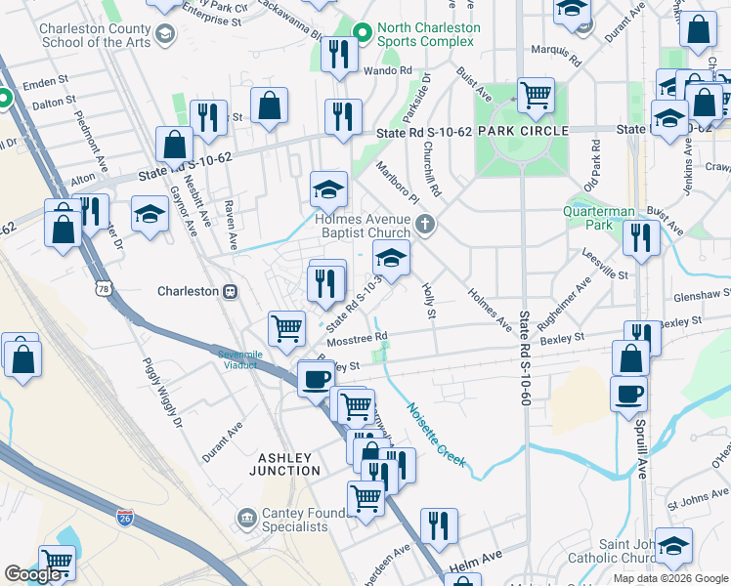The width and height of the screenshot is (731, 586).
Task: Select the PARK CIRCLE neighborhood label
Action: click(523, 131)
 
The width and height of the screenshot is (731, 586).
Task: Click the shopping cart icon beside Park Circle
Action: click(536, 95)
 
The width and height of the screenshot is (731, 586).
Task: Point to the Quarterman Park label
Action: click(599, 217)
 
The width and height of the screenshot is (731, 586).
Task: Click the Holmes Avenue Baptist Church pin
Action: click(424, 226)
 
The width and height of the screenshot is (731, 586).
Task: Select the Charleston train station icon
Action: click(232, 291)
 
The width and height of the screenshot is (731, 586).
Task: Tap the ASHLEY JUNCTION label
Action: click(283, 465)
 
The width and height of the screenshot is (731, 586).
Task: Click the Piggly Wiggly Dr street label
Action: click(163, 393)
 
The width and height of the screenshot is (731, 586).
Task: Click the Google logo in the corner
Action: click(33, 574)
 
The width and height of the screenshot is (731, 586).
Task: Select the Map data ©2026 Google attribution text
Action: click(669, 578)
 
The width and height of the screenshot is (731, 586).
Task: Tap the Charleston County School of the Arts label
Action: click(95, 35)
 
